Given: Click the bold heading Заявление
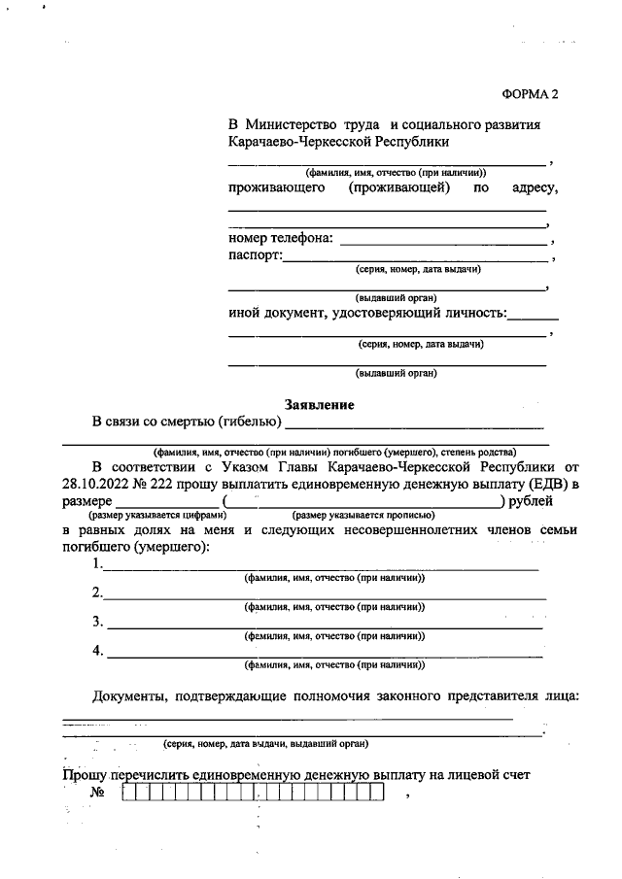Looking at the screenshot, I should pos(319,404).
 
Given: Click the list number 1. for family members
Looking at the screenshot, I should pos(97,564).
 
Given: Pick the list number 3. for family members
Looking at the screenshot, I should pos(97,622).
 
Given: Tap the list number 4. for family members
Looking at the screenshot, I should pos(97,651).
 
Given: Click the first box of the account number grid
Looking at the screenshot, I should pos(129,794).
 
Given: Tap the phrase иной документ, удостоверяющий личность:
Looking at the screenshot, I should pos(367,313).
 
